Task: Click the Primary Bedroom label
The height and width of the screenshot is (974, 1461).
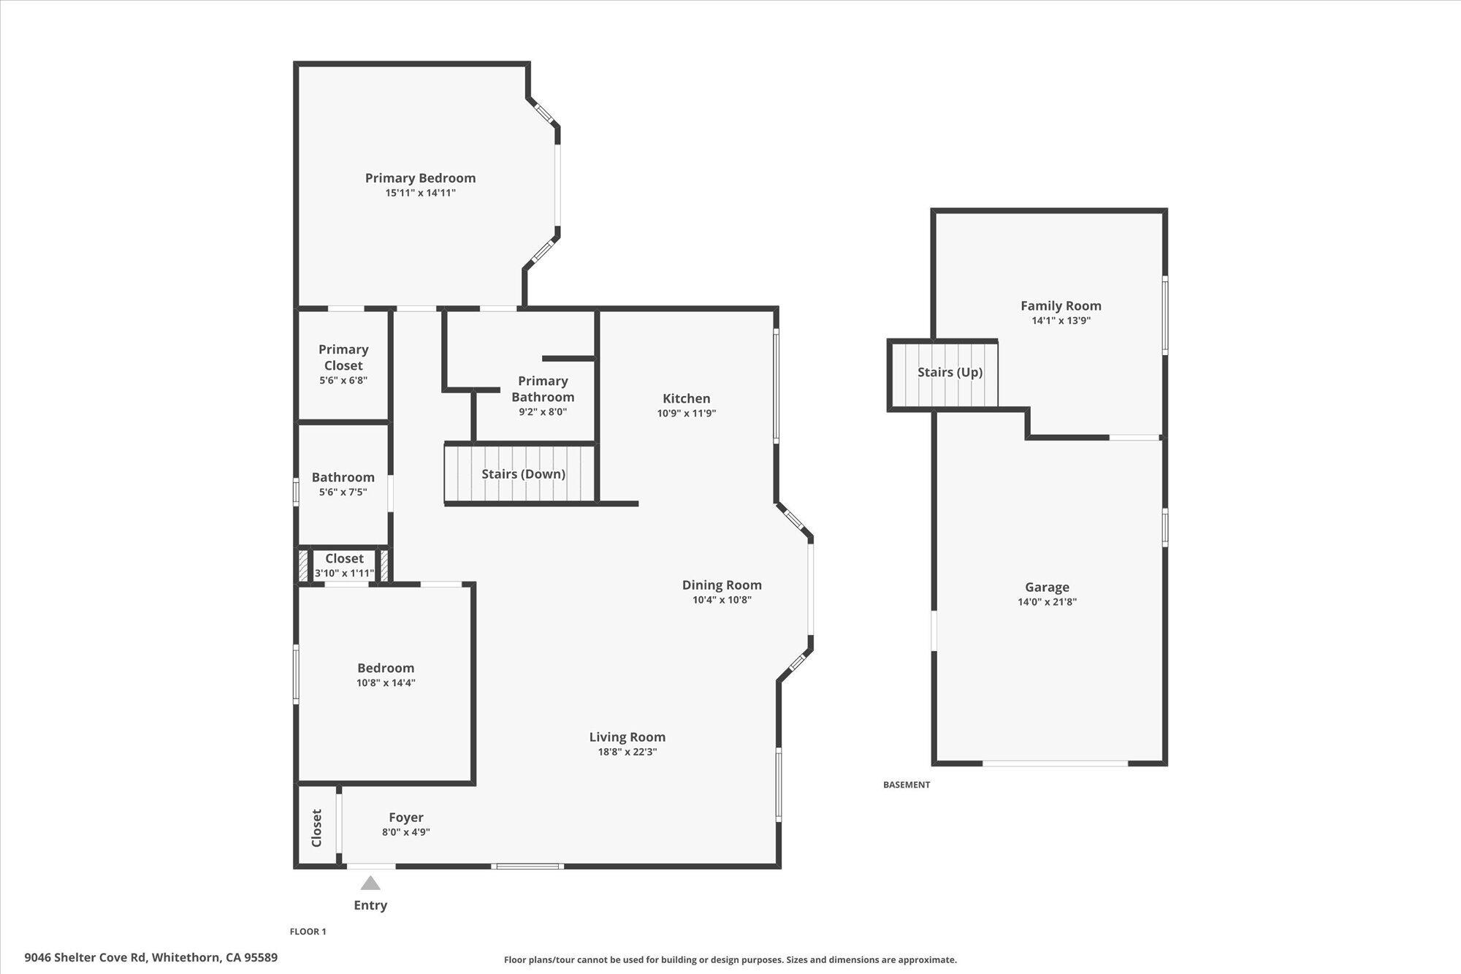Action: click(420, 178)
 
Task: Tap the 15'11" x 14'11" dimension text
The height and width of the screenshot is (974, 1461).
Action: click(420, 194)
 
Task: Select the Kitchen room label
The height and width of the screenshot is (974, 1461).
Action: click(686, 398)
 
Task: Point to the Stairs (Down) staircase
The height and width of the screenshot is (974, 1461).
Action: click(522, 474)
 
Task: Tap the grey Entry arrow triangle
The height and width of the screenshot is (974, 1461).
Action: click(370, 883)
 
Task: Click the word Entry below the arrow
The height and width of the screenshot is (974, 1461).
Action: click(370, 905)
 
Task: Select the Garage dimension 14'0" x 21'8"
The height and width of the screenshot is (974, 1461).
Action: click(1047, 603)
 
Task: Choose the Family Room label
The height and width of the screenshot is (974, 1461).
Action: click(1061, 306)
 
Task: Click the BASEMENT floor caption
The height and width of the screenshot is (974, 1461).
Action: click(907, 785)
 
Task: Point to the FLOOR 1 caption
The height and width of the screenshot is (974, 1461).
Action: click(308, 932)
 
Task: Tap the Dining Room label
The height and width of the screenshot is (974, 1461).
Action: click(722, 585)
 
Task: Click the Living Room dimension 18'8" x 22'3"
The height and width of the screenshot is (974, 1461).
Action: click(627, 752)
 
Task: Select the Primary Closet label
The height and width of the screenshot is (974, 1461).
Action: click(343, 357)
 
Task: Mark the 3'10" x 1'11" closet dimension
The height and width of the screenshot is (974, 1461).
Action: click(344, 574)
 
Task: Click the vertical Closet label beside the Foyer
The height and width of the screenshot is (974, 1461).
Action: click(316, 828)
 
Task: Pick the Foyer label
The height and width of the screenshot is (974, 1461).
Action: click(405, 818)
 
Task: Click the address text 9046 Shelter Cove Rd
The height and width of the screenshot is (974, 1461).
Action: click(85, 957)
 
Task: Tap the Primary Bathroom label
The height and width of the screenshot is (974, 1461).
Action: click(543, 389)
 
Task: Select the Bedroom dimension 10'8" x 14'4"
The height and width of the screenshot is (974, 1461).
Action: click(386, 683)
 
